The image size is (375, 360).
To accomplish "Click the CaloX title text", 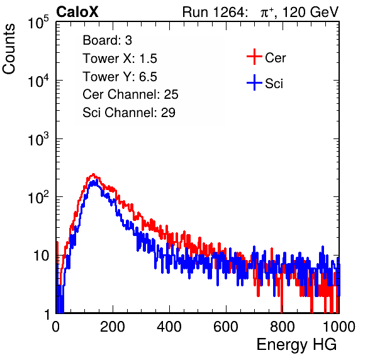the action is (77, 12).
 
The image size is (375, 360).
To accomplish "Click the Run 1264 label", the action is (213, 12).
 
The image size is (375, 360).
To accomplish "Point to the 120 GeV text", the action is (310, 12).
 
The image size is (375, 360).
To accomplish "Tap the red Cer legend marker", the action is (254, 57).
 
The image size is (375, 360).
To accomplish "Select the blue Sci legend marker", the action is (254, 83).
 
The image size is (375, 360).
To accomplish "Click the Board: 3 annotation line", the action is (107, 40).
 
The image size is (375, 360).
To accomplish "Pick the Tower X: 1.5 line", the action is (120, 59).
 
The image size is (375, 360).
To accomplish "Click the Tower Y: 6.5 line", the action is (120, 77).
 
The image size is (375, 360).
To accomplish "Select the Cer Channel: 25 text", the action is (130, 94).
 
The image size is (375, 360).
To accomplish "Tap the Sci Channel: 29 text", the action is (129, 113).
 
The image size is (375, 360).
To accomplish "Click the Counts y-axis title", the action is (9, 49).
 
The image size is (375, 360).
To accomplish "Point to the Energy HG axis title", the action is (296, 345).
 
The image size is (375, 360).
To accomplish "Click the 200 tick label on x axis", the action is (113, 327).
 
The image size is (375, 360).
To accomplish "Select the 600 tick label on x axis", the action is (226, 327).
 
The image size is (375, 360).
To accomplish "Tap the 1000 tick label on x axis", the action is (339, 327).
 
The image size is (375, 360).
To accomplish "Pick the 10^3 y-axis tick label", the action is (38, 138).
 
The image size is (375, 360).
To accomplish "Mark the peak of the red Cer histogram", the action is (93, 174).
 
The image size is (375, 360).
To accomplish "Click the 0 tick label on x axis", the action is (55, 327).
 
